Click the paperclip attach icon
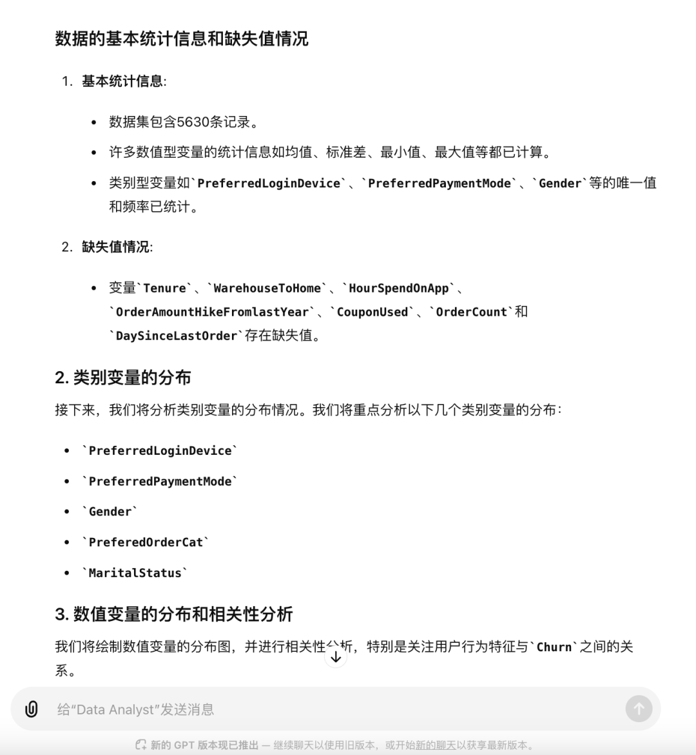[31, 709]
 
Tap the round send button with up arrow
[639, 709]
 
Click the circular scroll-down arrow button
[335, 657]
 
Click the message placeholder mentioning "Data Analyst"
[135, 709]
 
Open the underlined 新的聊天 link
[436, 745]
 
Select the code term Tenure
[164, 288]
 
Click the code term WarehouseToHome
[267, 288]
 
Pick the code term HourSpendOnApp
[398, 288]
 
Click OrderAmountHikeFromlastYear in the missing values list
[212, 312]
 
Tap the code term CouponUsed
[372, 312]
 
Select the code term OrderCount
[471, 312]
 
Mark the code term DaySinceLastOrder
[176, 336]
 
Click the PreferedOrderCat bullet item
[146, 542]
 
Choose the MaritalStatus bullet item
[135, 573]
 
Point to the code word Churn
[554, 647]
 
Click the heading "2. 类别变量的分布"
[123, 377]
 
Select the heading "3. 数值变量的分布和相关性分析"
[174, 614]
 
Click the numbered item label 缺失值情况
[116, 247]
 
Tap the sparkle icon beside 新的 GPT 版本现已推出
[140, 745]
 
